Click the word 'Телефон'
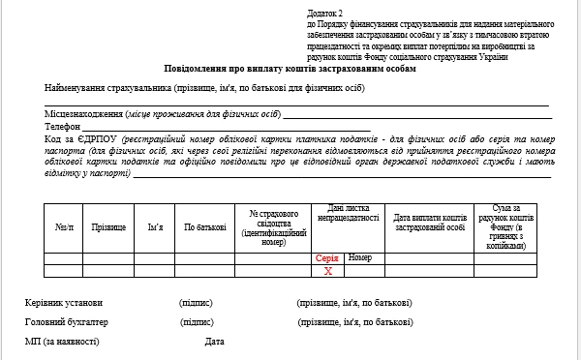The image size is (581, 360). pyautogui.click(x=62, y=127)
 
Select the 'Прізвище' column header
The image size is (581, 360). pyautogui.click(x=107, y=227)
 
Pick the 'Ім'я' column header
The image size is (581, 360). pyautogui.click(x=155, y=227)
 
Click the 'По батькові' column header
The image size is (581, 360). pyautogui.click(x=205, y=227)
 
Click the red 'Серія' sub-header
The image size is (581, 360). pyautogui.click(x=327, y=258)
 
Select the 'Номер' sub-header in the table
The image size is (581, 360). pyautogui.click(x=360, y=258)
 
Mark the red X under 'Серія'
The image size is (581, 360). pyautogui.click(x=327, y=271)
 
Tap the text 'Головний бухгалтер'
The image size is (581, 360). pyautogui.click(x=67, y=322)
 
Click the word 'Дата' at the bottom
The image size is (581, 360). pyautogui.click(x=214, y=342)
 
